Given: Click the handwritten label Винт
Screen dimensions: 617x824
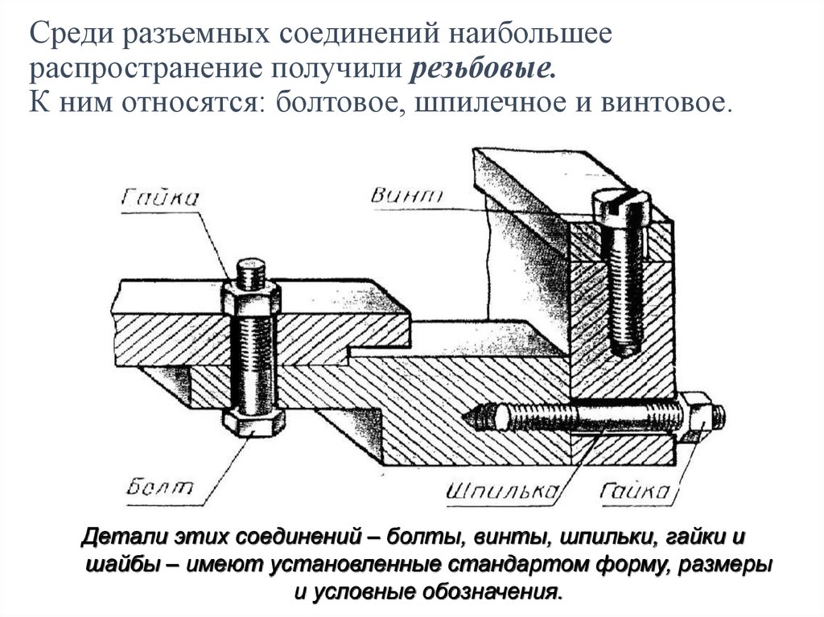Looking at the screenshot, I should point(409,194).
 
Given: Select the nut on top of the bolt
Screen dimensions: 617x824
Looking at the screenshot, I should point(253,298).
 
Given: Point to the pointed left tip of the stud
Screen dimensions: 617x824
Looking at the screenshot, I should point(468,416).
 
